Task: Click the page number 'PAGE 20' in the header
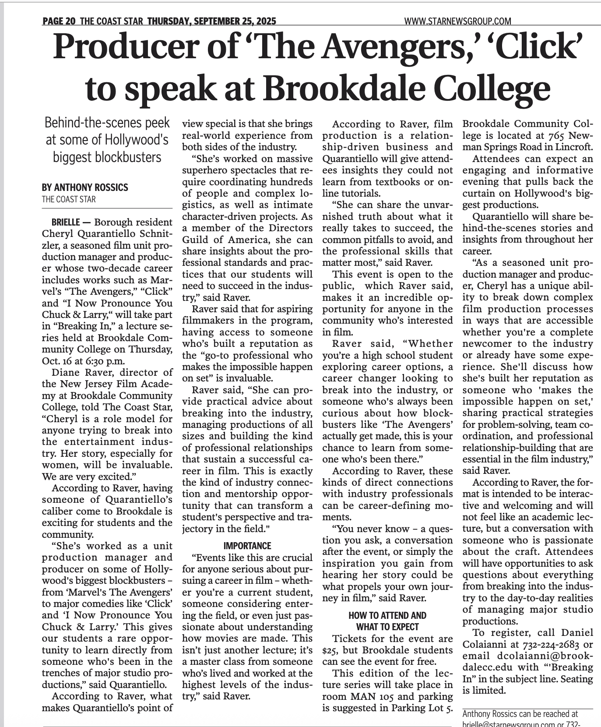click(x=59, y=21)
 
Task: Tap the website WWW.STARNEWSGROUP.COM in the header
click(x=457, y=21)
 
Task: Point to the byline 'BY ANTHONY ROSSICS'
click(x=85, y=187)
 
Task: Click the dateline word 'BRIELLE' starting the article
click(x=66, y=222)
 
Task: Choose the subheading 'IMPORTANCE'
click(x=247, y=546)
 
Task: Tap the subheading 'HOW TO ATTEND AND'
click(x=387, y=615)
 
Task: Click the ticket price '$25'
click(x=328, y=650)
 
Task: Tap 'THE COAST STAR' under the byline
click(x=69, y=199)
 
